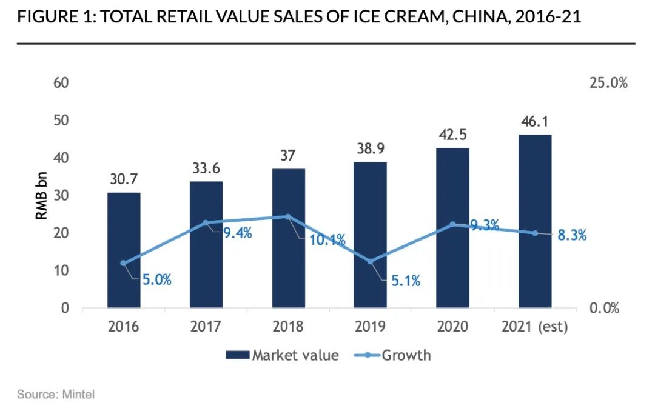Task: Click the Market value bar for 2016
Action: [124, 250]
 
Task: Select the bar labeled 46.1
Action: [535, 221]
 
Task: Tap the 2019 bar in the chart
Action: [370, 235]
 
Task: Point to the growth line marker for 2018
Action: [288, 216]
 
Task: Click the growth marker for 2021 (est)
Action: [535, 233]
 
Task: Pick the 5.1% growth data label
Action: [405, 281]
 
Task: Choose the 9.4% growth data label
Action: [237, 232]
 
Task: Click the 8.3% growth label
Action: [572, 236]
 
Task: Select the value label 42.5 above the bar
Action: [452, 134]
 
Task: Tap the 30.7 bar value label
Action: [124, 179]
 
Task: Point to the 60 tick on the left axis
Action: [60, 82]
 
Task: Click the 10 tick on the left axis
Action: [60, 270]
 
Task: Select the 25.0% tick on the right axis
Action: [608, 82]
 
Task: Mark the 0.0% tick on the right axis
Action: [604, 308]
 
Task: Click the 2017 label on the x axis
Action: [206, 327]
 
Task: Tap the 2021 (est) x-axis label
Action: [535, 327]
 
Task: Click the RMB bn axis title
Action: [41, 195]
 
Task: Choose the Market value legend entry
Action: [282, 355]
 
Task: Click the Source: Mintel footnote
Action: [56, 395]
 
